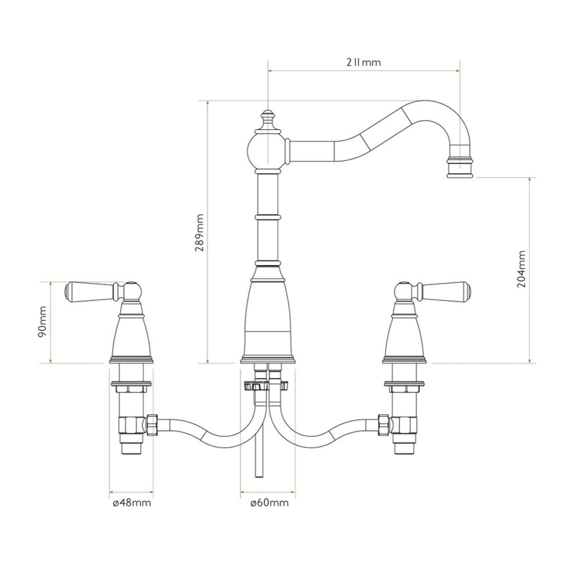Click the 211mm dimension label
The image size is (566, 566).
pyautogui.click(x=363, y=62)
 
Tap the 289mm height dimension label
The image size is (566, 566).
pyautogui.click(x=200, y=233)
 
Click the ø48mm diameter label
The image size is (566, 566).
pyautogui.click(x=131, y=503)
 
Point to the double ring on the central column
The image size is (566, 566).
pyautogui.click(x=268, y=217)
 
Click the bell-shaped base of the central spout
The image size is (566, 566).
pyautogui.click(x=268, y=317)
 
